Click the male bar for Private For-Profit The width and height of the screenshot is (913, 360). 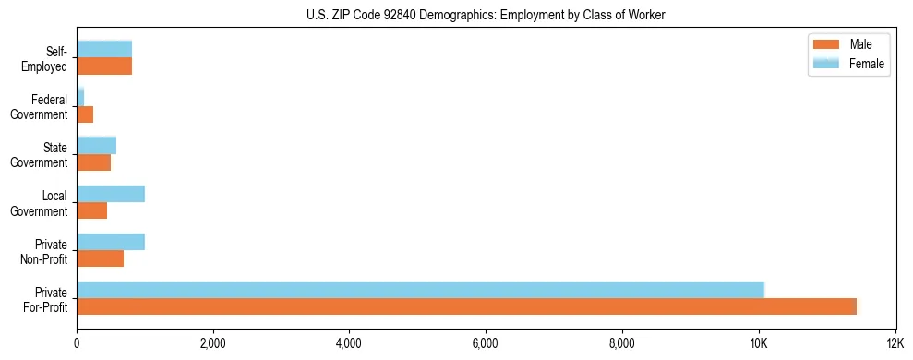click(x=467, y=306)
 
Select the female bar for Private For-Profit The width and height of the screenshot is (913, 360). click(x=421, y=290)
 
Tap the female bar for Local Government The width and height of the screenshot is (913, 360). click(x=111, y=194)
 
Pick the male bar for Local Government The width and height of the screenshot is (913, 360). click(x=92, y=210)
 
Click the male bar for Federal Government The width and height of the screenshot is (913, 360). click(x=85, y=114)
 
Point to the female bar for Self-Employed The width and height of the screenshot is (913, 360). click(x=104, y=49)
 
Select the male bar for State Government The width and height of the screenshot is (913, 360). click(x=94, y=162)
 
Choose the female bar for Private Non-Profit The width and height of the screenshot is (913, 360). click(x=111, y=242)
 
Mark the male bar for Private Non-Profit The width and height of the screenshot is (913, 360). click(x=101, y=258)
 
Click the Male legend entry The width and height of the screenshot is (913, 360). click(x=848, y=44)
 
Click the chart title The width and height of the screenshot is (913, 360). click(x=487, y=15)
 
